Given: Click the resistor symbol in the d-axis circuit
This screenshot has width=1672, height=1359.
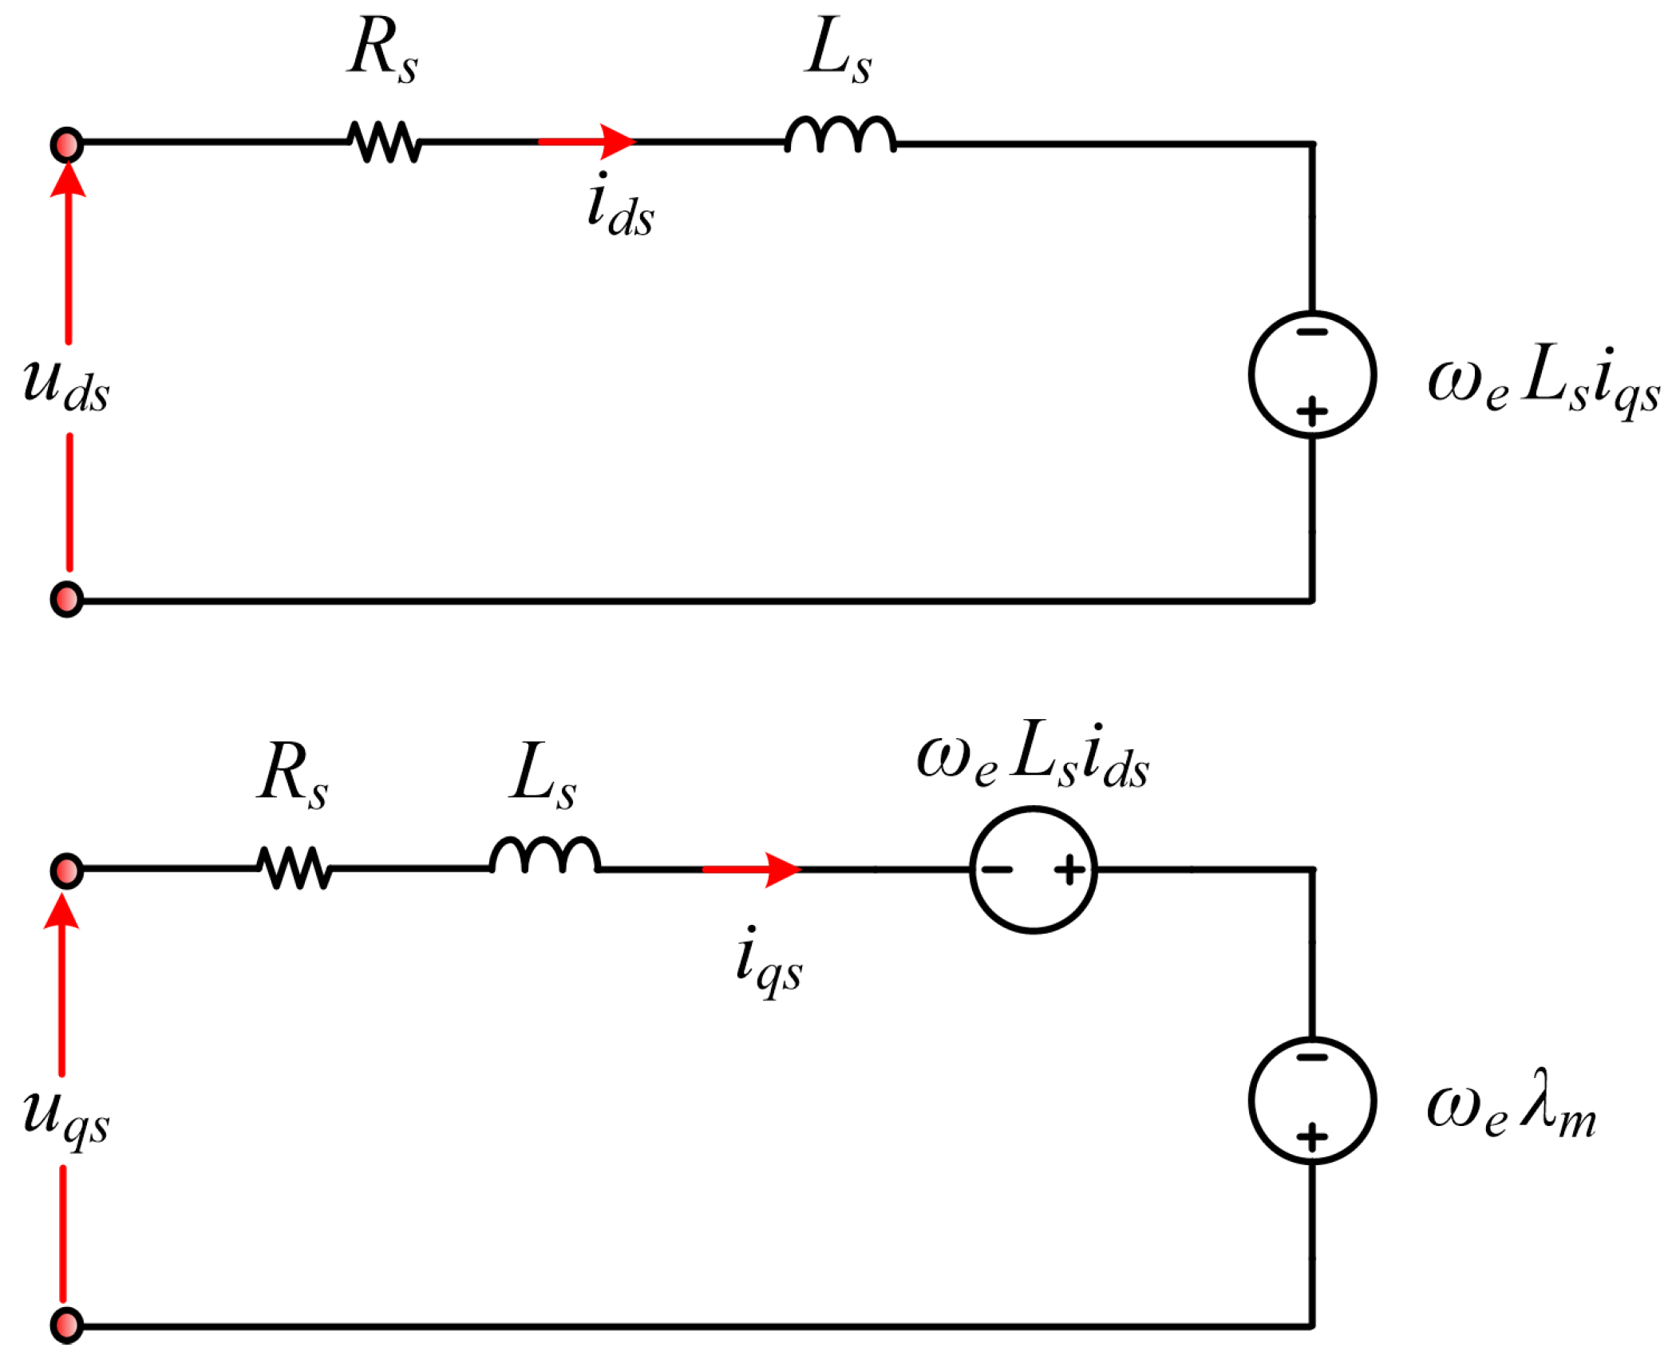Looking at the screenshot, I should point(384,142).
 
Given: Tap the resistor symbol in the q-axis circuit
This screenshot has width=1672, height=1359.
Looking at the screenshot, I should point(294,867).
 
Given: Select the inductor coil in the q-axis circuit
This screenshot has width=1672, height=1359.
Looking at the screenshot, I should point(544,855).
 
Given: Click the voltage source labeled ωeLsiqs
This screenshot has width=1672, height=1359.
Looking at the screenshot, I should point(1312,374).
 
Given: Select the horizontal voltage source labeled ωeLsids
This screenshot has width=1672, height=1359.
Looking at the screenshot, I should point(1034,869).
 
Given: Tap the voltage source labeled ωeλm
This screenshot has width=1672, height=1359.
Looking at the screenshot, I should point(1312,1100).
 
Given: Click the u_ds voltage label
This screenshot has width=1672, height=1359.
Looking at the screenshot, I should point(65,387).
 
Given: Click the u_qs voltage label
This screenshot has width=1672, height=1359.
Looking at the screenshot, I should point(65,1117).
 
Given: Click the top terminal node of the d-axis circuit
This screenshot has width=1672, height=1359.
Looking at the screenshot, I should point(67,145).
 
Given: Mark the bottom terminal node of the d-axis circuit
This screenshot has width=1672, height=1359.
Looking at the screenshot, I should point(67,600).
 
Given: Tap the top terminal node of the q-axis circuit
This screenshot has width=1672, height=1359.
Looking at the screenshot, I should point(67,871).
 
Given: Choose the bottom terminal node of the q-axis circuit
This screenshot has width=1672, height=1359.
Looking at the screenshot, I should point(67,1325).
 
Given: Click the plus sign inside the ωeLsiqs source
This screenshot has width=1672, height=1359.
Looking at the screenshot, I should point(1312,412).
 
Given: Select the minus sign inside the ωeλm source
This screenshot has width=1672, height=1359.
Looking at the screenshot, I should point(1312,1057).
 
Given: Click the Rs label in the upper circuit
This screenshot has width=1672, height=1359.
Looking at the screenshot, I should point(382,49).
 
